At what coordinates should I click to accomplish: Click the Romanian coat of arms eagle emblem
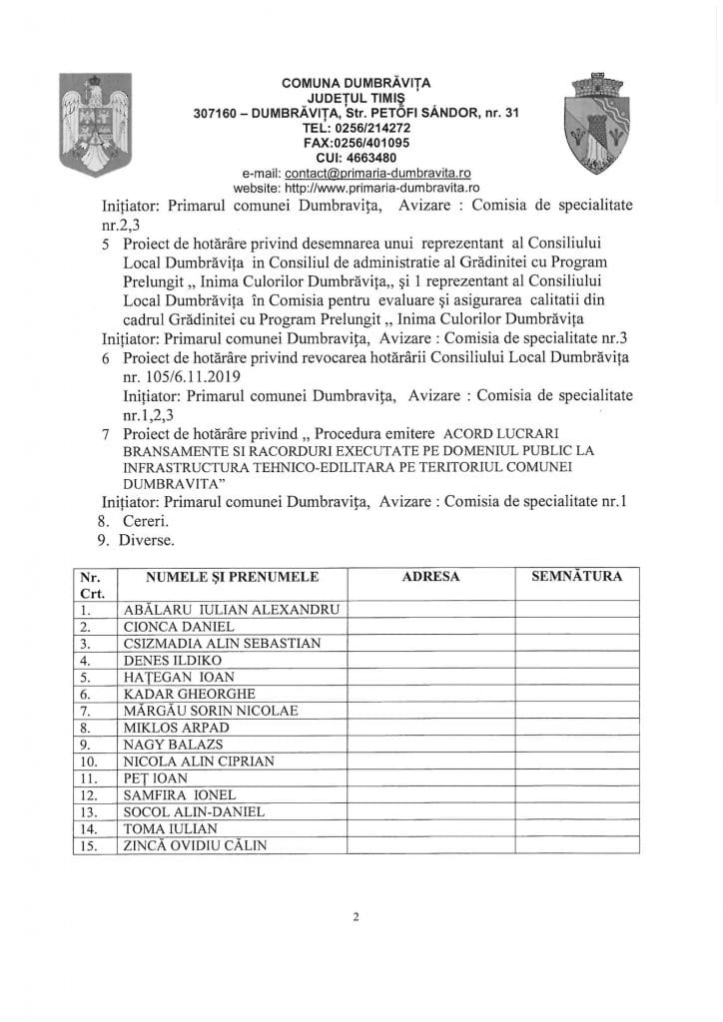[x=95, y=122]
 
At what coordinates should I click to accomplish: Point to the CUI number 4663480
[x=361, y=158]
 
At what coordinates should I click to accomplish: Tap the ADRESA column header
[x=429, y=577]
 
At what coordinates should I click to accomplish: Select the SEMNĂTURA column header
[x=577, y=577]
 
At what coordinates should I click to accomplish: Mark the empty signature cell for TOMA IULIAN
[x=577, y=829]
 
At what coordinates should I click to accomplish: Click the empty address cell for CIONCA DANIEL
[x=429, y=627]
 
